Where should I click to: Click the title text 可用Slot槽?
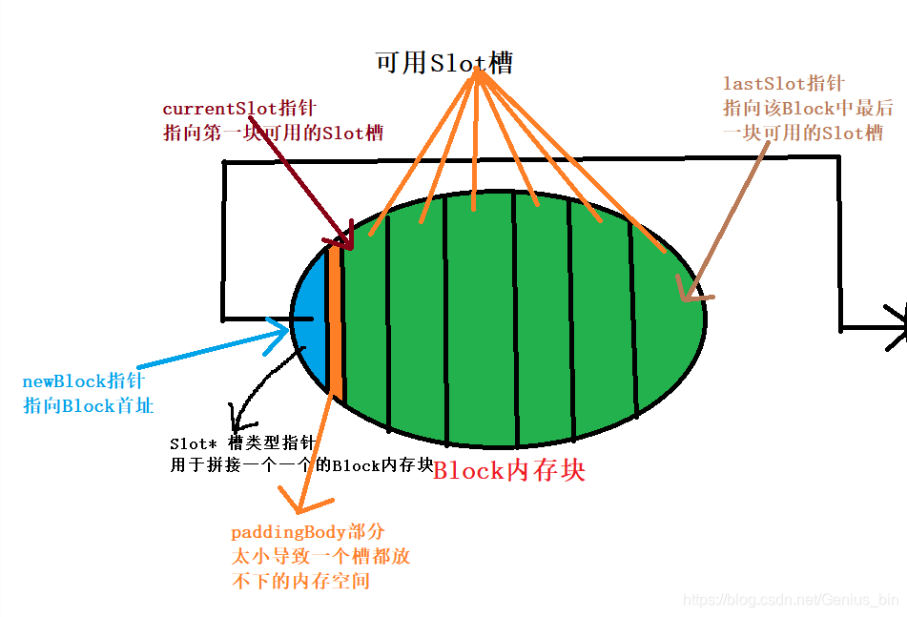click(x=444, y=63)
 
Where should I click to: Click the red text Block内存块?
click(x=508, y=470)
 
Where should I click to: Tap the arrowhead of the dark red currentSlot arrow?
click(x=347, y=244)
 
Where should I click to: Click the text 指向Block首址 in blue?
click(x=88, y=405)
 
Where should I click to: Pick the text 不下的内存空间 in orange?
click(x=299, y=581)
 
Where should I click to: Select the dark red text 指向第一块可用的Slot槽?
click(x=273, y=133)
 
